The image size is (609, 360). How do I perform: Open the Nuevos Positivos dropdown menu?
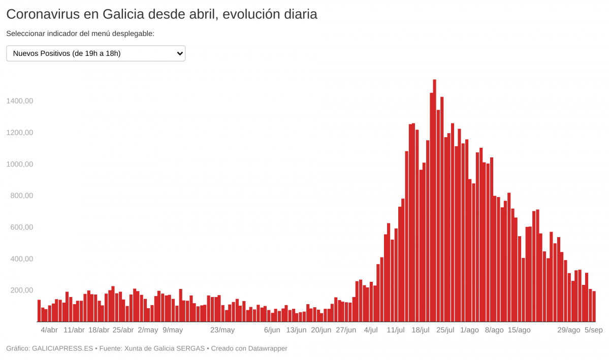[x=95, y=53]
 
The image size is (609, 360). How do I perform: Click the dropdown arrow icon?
[x=178, y=53]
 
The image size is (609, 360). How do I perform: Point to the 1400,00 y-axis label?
[x=19, y=101]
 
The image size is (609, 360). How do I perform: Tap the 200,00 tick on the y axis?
[x=19, y=290]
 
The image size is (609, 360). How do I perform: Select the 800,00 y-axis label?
[x=19, y=195]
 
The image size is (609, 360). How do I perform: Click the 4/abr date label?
[x=49, y=330]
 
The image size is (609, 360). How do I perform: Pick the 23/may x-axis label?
[x=222, y=330]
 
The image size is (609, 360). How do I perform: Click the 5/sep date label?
[x=593, y=330]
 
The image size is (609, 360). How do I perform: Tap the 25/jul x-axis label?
[x=445, y=330]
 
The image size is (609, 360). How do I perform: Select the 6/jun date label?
[x=272, y=330]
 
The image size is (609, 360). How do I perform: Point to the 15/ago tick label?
[x=519, y=330]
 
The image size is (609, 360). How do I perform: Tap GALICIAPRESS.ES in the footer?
[x=62, y=349]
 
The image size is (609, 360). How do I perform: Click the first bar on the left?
[x=39, y=311]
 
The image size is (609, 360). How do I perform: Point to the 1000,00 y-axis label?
[x=19, y=164]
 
